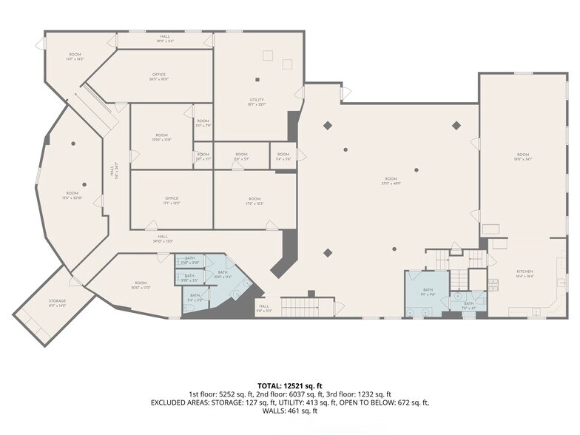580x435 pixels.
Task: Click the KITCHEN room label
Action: coord(525,273)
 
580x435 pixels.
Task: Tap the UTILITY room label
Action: coord(257,102)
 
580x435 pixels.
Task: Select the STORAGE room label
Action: coord(58,303)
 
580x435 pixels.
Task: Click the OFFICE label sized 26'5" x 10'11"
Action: coord(158,76)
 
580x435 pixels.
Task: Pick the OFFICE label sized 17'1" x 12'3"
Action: coord(172,200)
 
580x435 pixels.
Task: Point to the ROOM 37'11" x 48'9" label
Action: coord(391,181)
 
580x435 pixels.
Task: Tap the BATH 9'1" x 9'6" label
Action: coord(428,291)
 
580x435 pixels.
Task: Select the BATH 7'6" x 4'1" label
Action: coord(468,306)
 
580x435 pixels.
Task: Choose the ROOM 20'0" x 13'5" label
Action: coord(141,285)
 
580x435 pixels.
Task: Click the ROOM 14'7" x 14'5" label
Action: coord(75,56)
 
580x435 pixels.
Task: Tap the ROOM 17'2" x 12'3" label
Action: coord(254,200)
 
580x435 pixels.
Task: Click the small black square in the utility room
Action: coord(257,79)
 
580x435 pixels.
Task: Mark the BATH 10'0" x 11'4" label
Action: coord(222,274)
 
